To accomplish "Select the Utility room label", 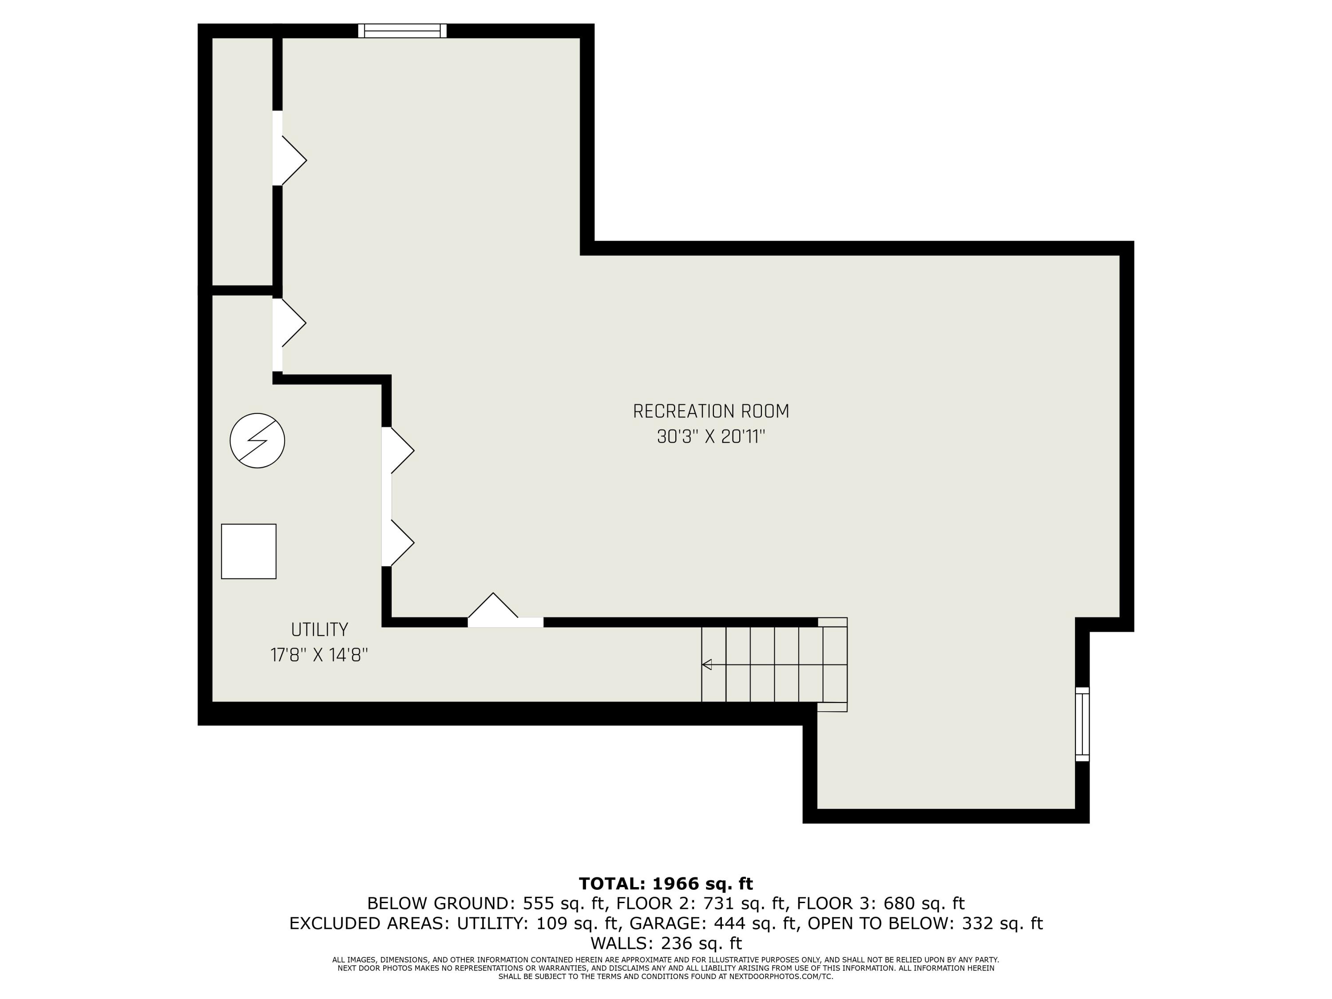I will (319, 630).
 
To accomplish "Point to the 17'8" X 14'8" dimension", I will (319, 655).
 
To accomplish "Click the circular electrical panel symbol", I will (257, 441).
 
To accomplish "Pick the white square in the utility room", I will (249, 551).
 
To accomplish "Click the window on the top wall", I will (402, 31).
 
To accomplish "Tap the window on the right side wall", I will (1082, 725).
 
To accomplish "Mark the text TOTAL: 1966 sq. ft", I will (666, 884).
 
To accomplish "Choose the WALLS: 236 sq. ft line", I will (666, 943).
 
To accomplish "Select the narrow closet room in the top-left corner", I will (242, 161).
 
